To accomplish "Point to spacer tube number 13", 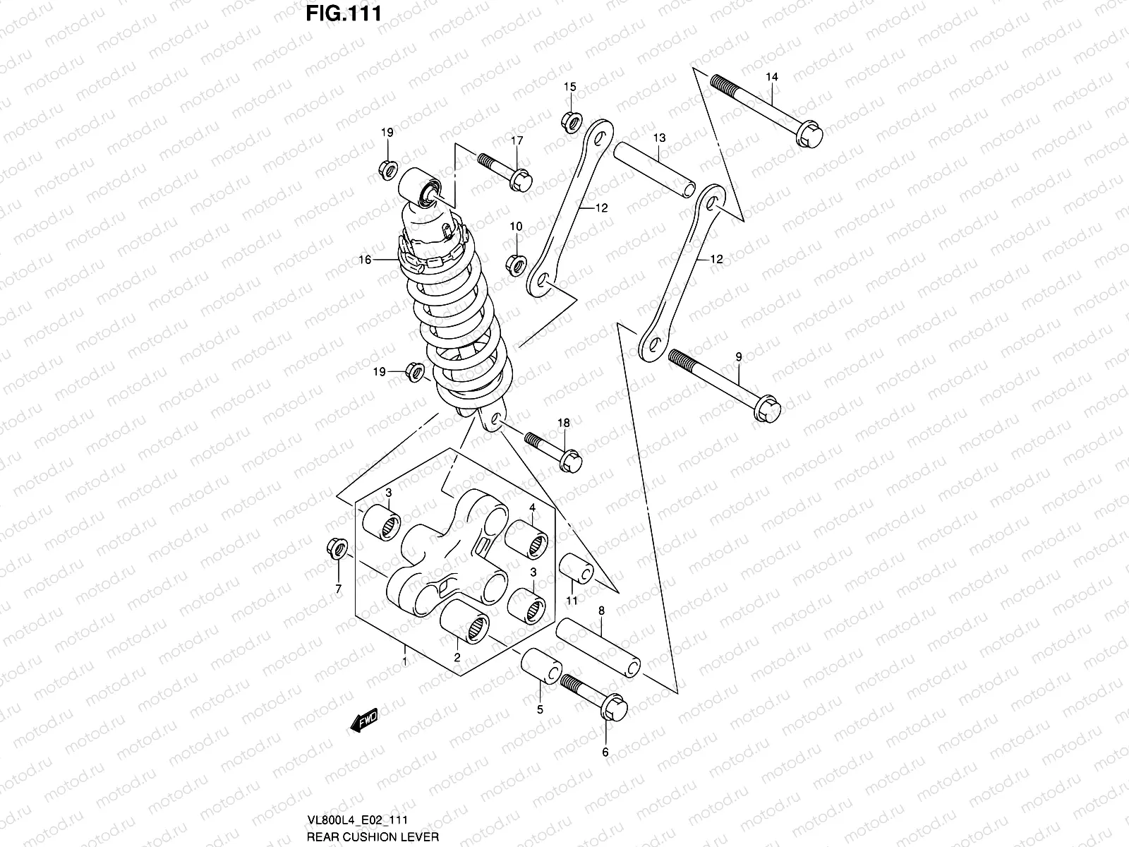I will point(655,173).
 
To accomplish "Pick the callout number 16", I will point(364,260).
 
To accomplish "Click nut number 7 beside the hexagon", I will point(337,550).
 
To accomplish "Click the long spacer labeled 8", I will point(598,648).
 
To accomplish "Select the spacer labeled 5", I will point(542,671).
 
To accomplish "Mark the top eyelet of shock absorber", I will point(421,188).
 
